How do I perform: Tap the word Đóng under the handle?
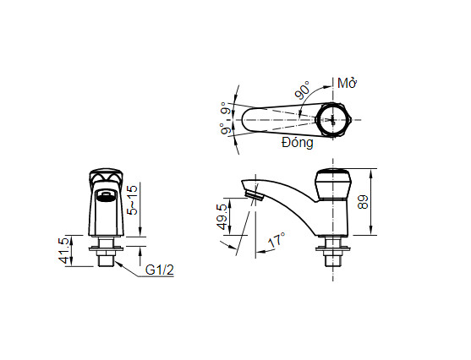click(298, 144)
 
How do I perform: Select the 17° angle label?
click(276, 242)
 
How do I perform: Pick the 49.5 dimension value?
click(222, 216)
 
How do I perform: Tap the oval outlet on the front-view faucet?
click(106, 198)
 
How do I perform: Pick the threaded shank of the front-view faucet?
click(106, 256)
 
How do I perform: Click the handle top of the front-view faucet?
click(106, 177)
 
